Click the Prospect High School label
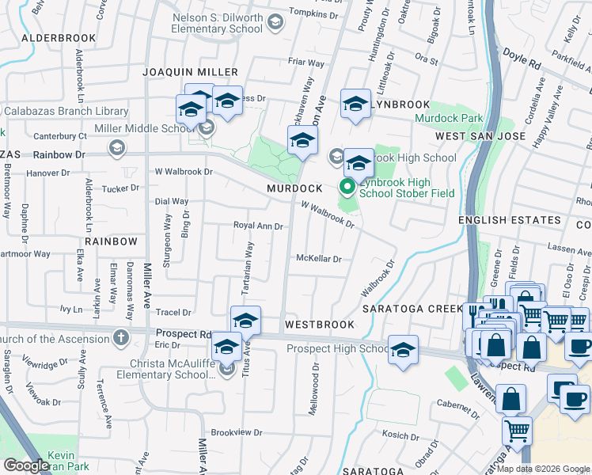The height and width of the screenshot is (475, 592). point(337,348)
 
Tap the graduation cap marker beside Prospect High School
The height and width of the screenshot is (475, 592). point(403,351)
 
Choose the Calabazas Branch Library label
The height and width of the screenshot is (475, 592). point(66,112)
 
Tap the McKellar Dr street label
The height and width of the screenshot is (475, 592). point(318,258)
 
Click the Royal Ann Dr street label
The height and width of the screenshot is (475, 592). point(257,226)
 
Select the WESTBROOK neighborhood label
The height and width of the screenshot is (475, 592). point(319,325)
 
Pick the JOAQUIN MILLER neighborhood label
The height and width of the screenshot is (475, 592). point(190,72)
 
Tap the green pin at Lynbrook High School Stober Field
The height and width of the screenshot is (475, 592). point(347,188)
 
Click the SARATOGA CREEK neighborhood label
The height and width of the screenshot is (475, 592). point(412,308)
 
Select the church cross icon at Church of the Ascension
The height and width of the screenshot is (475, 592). point(120,339)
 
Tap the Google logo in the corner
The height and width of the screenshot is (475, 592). point(26,465)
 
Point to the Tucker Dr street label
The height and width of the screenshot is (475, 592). point(120,188)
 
